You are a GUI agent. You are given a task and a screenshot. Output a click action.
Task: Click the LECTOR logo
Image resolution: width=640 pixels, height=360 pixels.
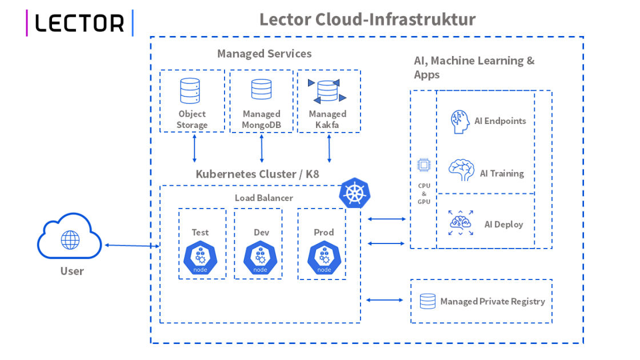(79, 23)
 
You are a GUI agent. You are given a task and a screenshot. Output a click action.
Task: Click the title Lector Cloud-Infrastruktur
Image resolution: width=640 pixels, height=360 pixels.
(367, 19)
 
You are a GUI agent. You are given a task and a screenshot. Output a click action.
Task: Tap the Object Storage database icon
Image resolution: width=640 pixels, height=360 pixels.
(190, 90)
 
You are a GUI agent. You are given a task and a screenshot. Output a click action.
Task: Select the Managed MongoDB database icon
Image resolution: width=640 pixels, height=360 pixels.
(261, 90)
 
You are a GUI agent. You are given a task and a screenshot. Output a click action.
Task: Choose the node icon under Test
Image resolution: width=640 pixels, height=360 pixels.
(200, 258)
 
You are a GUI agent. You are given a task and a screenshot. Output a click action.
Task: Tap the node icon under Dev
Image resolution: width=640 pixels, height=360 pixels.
(260, 258)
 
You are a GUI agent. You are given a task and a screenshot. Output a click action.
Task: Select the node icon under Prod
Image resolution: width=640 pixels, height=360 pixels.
(324, 258)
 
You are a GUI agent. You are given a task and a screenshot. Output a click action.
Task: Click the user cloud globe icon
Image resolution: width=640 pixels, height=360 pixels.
(70, 239)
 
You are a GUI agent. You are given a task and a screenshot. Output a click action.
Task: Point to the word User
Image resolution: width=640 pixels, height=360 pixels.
(72, 271)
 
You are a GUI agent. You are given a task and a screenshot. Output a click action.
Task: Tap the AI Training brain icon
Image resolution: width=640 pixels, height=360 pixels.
(461, 170)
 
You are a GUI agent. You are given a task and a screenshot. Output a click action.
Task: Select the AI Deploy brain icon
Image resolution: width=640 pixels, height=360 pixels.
(461, 223)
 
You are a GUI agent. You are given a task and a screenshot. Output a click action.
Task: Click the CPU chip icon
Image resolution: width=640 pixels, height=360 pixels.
(423, 166)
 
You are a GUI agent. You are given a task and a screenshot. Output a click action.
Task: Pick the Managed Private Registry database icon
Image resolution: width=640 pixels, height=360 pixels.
(427, 301)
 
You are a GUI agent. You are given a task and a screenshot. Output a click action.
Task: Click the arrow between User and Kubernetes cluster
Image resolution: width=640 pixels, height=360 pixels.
(132, 246)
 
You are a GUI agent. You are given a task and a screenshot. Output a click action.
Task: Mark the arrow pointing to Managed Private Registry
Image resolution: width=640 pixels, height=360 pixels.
(386, 300)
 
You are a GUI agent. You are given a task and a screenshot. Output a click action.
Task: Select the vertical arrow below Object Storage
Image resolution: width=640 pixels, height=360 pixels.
(194, 149)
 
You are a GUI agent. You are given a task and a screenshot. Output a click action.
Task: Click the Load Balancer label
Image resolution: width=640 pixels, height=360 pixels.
(263, 198)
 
